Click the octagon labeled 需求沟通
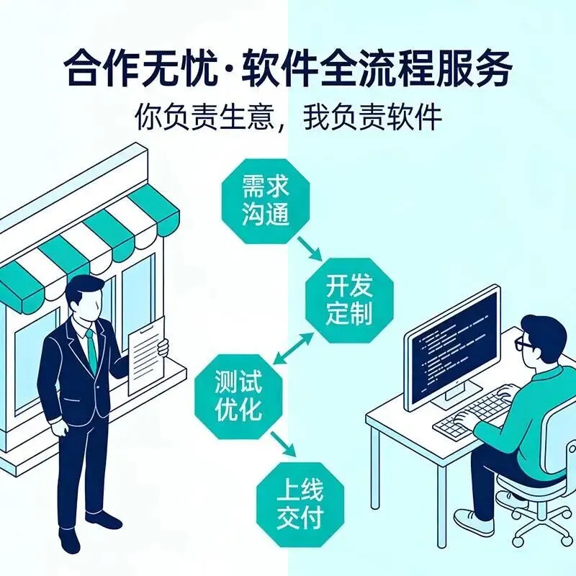(x=266, y=202)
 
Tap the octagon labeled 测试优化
(x=238, y=396)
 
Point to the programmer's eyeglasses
(x=525, y=345)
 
